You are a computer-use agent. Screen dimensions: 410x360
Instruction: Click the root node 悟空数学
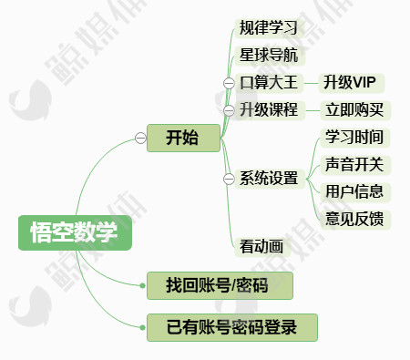tap(75, 232)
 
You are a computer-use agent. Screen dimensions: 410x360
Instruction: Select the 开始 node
tap(183, 138)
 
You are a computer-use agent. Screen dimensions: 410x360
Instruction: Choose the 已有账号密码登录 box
tap(231, 327)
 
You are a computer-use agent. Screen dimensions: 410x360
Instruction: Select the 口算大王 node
tap(269, 83)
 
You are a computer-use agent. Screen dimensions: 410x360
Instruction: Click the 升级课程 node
tap(269, 110)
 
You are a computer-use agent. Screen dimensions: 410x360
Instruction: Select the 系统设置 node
tap(269, 178)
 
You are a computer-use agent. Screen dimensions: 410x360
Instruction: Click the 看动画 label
tap(261, 245)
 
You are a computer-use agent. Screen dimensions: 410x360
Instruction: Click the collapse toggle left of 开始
tap(140, 138)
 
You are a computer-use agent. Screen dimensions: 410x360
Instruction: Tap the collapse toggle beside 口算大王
tap(229, 83)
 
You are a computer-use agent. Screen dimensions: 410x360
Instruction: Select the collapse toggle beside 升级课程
tap(229, 110)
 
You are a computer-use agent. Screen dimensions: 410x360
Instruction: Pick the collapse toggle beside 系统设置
tap(229, 178)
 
